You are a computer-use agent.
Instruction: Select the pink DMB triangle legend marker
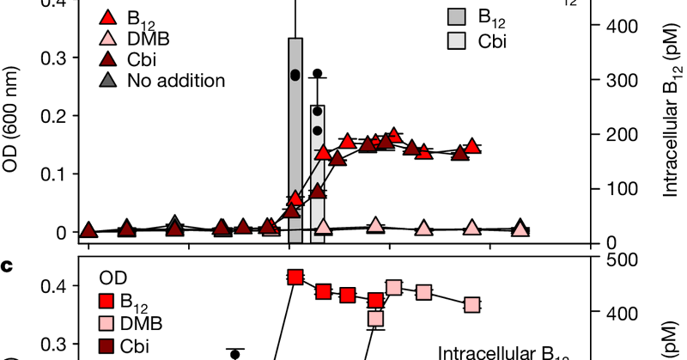(x=107, y=39)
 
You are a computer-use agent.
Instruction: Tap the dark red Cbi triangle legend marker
(x=107, y=60)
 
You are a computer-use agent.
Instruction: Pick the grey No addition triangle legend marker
(x=107, y=81)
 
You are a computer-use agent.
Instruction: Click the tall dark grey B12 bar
(x=295, y=137)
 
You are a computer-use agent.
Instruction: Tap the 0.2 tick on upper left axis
(x=53, y=116)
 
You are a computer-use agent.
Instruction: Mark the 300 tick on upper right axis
(x=621, y=80)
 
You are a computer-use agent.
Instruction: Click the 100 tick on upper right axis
(x=621, y=188)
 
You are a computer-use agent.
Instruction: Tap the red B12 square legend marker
(x=106, y=301)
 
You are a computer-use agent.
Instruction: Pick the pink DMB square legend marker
(x=106, y=323)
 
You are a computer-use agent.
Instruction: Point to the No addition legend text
(x=175, y=81)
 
